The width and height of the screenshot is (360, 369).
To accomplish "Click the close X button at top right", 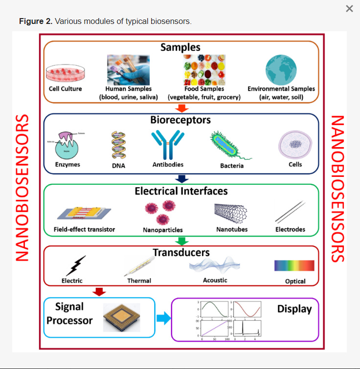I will [349, 9].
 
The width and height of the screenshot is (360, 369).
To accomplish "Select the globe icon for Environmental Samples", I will [281, 70].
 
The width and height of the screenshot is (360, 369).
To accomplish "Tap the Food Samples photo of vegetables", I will [204, 70].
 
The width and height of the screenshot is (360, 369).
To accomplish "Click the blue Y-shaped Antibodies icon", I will [168, 145].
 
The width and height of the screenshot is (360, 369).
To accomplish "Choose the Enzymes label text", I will [67, 165].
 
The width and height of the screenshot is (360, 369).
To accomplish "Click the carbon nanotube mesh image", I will [231, 211].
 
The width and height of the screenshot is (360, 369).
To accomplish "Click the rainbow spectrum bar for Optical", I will [294, 266].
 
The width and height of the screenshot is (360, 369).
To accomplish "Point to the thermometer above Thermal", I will [139, 266].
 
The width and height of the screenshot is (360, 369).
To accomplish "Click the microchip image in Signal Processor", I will [122, 317].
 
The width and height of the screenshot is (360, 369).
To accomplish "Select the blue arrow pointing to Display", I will [163, 318].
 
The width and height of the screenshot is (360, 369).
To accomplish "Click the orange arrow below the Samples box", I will [181, 108].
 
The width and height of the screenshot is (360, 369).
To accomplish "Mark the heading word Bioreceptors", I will [181, 120].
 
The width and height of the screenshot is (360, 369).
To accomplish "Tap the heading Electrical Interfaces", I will [181, 191].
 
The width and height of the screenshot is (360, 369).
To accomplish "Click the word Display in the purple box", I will [294, 309].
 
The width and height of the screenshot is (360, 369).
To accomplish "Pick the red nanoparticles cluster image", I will [163, 212].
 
